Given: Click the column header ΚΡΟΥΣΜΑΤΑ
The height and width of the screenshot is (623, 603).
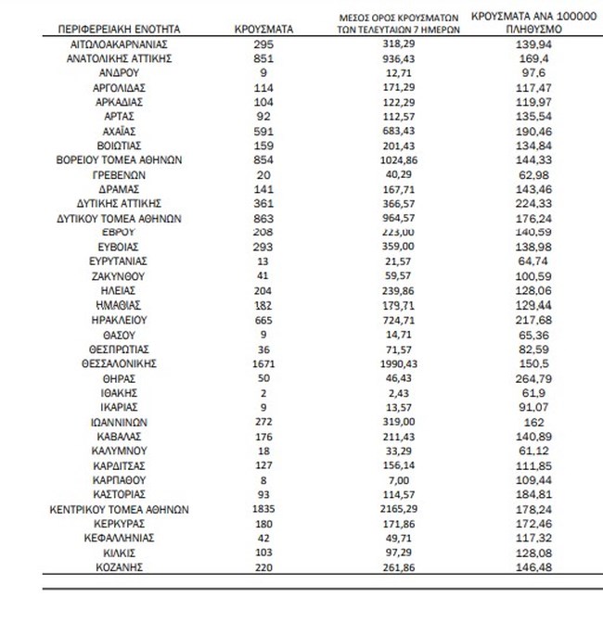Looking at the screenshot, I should click(x=265, y=30).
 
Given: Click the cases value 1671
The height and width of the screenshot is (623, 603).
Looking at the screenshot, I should click(x=265, y=365).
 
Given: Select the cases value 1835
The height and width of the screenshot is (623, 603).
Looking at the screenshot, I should click(x=265, y=509).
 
